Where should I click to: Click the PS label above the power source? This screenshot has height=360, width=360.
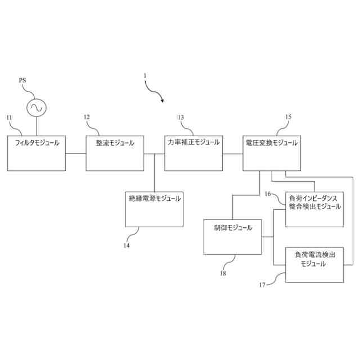(22, 81)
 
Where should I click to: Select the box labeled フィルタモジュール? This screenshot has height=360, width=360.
(36, 152)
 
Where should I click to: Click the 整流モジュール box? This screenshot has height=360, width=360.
(115, 152)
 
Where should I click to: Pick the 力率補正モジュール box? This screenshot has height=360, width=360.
(193, 152)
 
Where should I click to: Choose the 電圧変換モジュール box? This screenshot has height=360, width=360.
(272, 152)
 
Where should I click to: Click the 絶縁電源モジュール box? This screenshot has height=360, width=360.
(154, 209)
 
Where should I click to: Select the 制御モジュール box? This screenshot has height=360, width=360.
(233, 236)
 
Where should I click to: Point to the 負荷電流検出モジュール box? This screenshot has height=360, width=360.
(314, 264)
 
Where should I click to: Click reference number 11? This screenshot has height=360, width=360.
(9, 118)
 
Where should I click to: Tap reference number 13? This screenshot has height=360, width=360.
(181, 118)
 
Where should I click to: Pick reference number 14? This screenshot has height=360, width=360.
(127, 245)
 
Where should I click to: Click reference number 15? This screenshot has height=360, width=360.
(288, 117)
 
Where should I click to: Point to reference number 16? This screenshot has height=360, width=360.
(268, 194)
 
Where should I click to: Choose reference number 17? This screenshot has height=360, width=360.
(262, 285)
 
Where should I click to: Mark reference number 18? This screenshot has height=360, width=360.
(223, 273)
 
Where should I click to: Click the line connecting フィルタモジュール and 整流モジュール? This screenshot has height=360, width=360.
(75, 153)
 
